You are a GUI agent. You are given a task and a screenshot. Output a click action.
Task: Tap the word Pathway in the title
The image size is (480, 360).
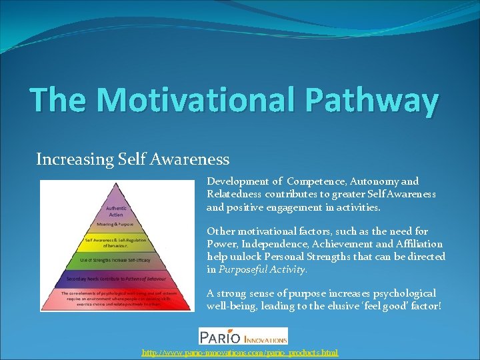pos(373,100)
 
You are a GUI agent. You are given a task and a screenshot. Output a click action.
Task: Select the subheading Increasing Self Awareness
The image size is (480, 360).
pos(133,159)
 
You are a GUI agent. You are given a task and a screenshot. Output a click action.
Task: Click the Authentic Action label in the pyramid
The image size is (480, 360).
pos(115,211)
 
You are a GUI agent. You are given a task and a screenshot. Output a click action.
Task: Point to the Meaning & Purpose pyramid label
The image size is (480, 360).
pos(115,225)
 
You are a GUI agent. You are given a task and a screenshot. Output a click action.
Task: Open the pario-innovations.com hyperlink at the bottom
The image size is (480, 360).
pos(240,352)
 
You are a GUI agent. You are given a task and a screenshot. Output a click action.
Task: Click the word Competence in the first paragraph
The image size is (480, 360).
pos(315,181)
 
